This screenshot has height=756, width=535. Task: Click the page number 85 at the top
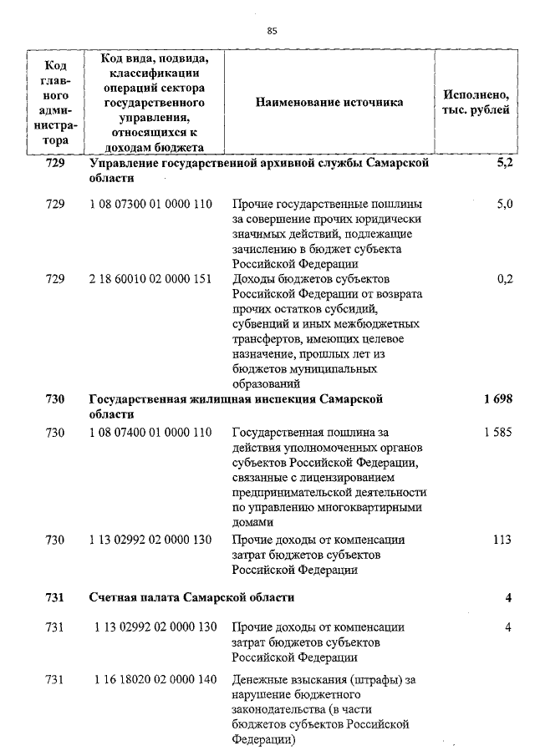[x=272, y=31]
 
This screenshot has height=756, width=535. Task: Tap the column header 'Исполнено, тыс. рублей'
[x=476, y=102]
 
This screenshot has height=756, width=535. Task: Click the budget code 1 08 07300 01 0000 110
[x=150, y=204]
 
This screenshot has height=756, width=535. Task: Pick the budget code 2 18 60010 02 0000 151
[x=150, y=279]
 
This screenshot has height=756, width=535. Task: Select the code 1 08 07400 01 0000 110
[x=150, y=433]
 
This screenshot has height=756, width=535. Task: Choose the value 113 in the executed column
[x=502, y=540]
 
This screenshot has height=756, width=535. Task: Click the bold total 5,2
[x=504, y=163]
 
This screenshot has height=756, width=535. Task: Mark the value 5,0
[x=504, y=204]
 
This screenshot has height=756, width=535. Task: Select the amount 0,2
[x=504, y=279]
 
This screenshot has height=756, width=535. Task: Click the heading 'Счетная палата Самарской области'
[x=191, y=597]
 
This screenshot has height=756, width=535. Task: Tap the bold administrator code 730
[x=55, y=399]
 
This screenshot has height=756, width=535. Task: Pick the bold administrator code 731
[x=55, y=597]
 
